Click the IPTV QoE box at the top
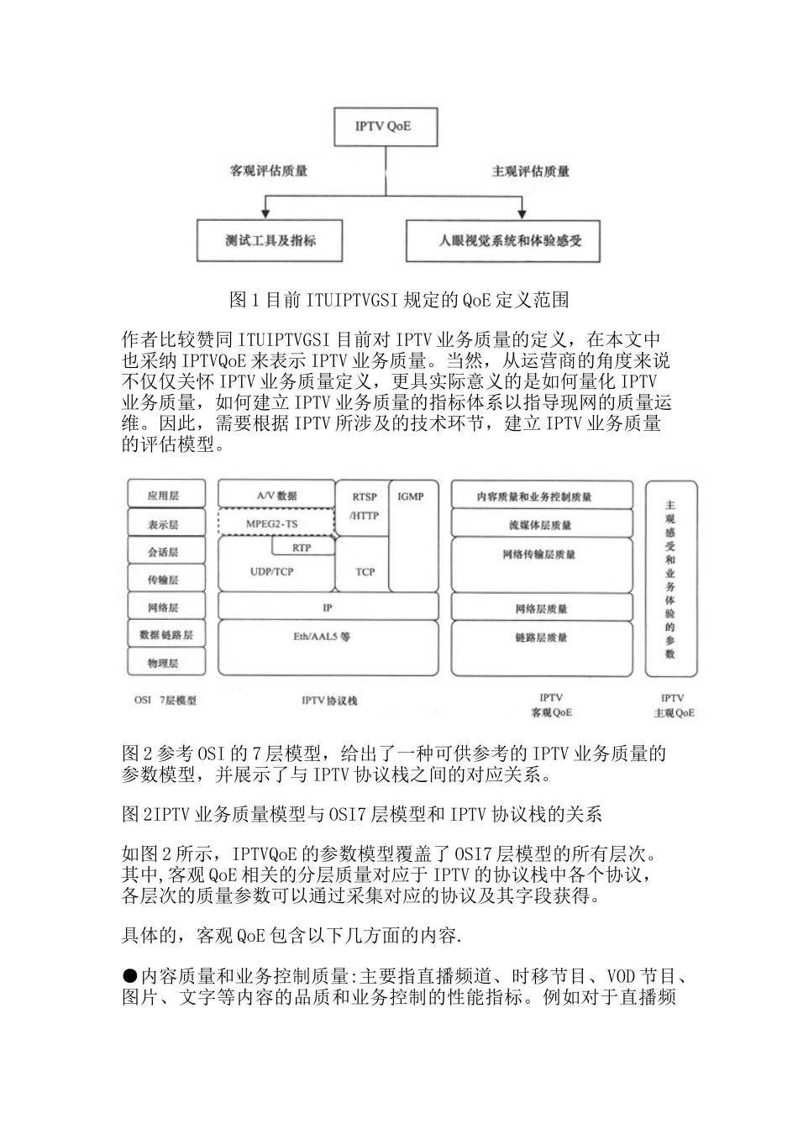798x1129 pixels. [x=383, y=127]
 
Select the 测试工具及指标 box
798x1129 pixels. [x=270, y=240]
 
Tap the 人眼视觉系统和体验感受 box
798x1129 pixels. [x=509, y=240]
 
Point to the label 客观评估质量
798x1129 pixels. [x=269, y=171]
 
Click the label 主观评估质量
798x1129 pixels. [x=530, y=171]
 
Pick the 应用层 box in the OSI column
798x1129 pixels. [x=164, y=496]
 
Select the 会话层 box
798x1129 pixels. [x=164, y=552]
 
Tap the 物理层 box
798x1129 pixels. [x=164, y=664]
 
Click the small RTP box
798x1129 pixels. [x=302, y=547]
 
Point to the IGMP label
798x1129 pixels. [x=410, y=496]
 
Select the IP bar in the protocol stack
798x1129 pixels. [x=328, y=607]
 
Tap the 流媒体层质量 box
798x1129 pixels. [x=541, y=525]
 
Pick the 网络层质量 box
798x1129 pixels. [x=541, y=608]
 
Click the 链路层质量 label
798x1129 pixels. [x=541, y=638]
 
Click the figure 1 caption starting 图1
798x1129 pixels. [x=399, y=300]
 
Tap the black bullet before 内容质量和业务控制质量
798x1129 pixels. [x=130, y=975]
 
